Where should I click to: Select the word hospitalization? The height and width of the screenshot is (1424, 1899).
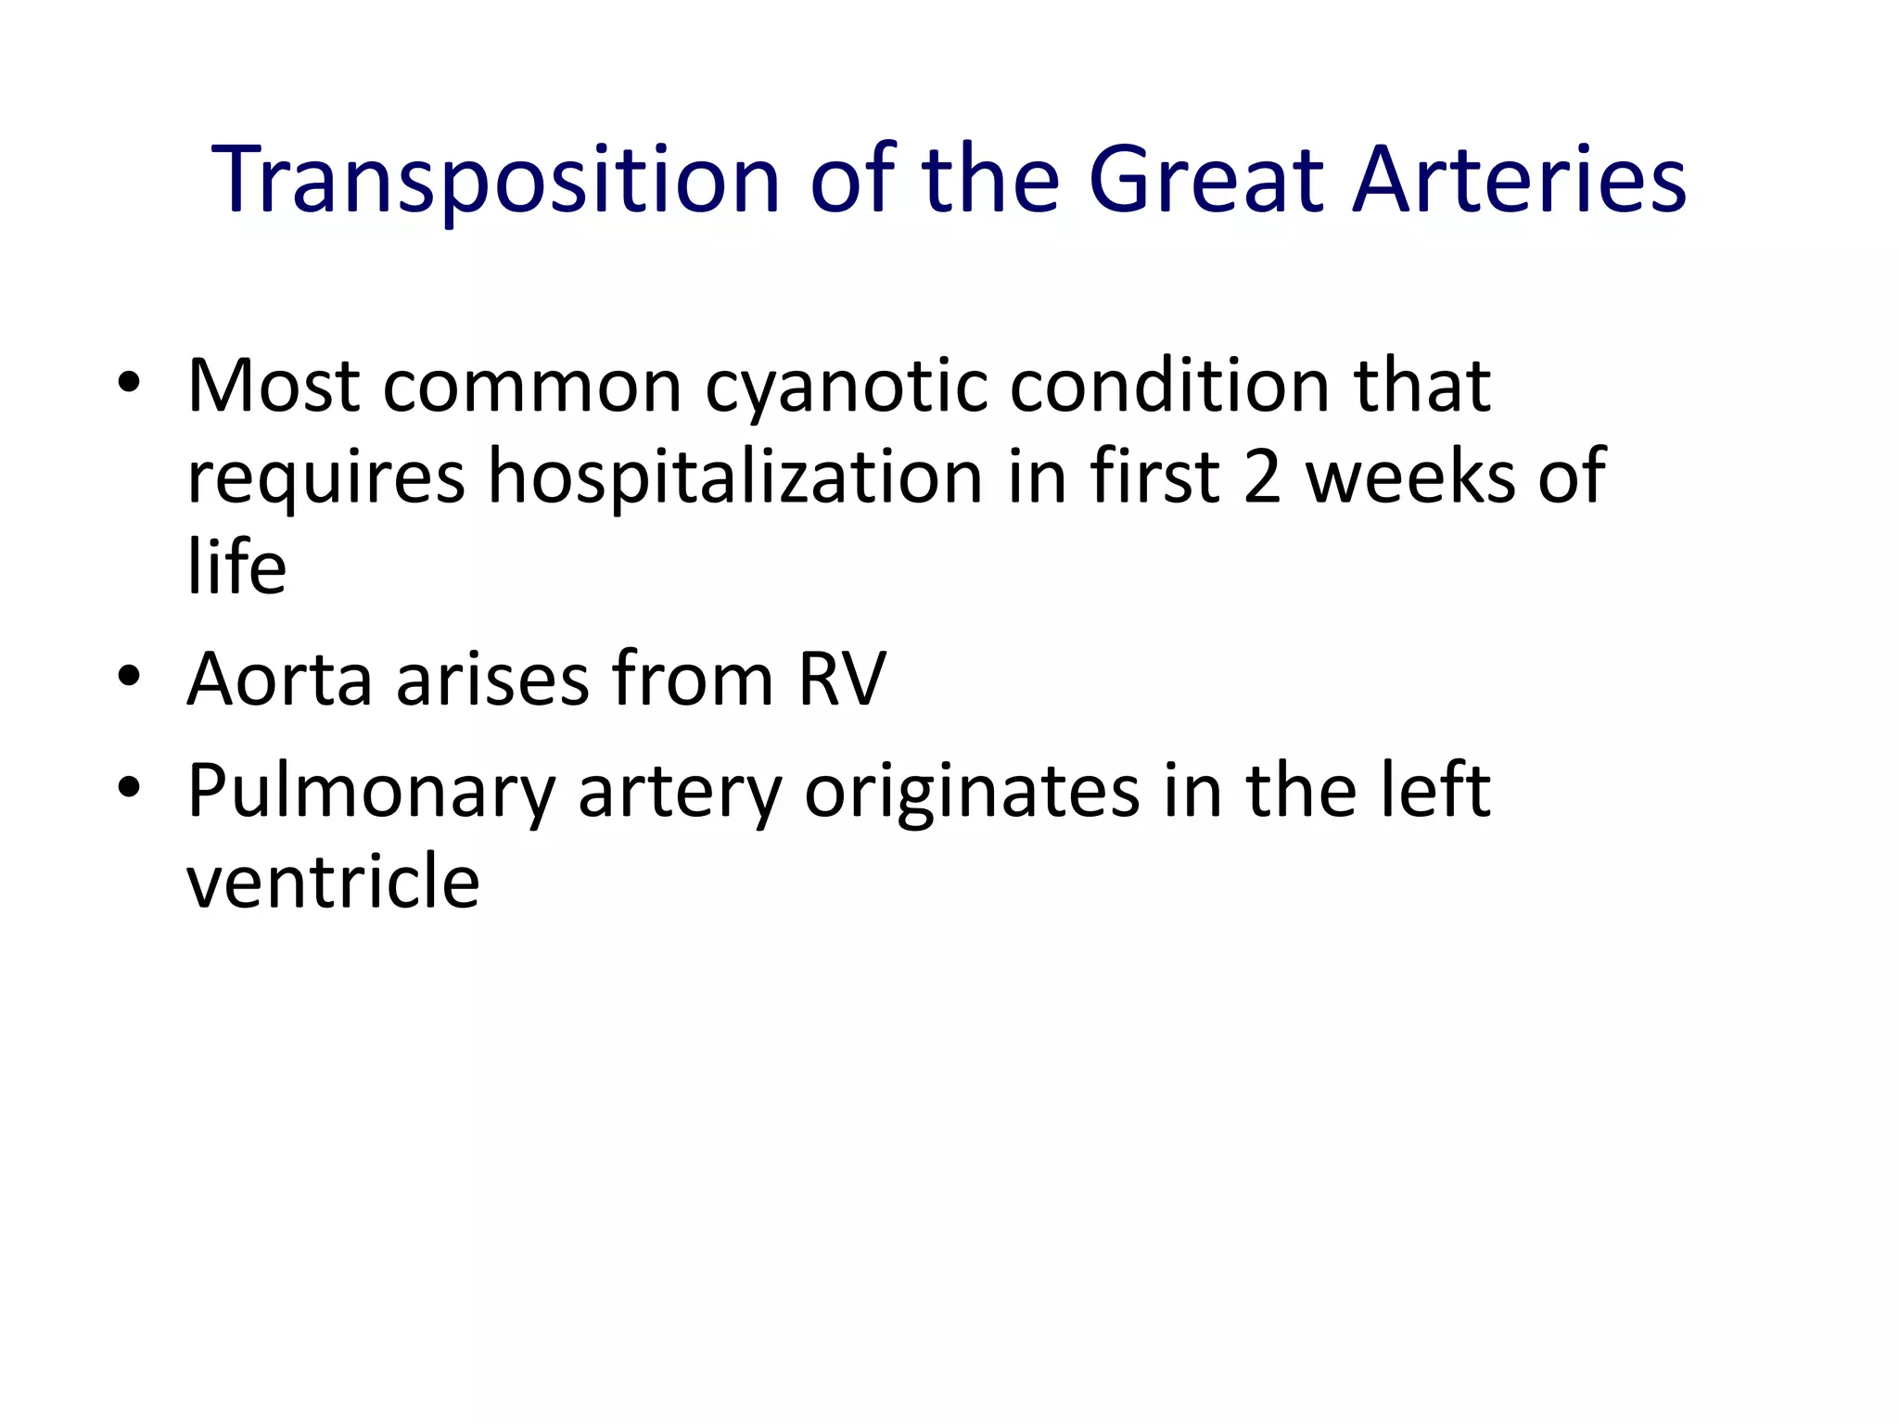tap(735, 477)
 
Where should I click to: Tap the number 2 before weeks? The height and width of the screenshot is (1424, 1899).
tap(1262, 477)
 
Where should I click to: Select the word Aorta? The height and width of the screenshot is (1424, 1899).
tap(279, 680)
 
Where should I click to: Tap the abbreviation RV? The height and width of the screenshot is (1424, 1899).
tap(841, 680)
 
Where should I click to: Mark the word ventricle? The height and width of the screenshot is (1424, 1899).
tap(333, 881)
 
